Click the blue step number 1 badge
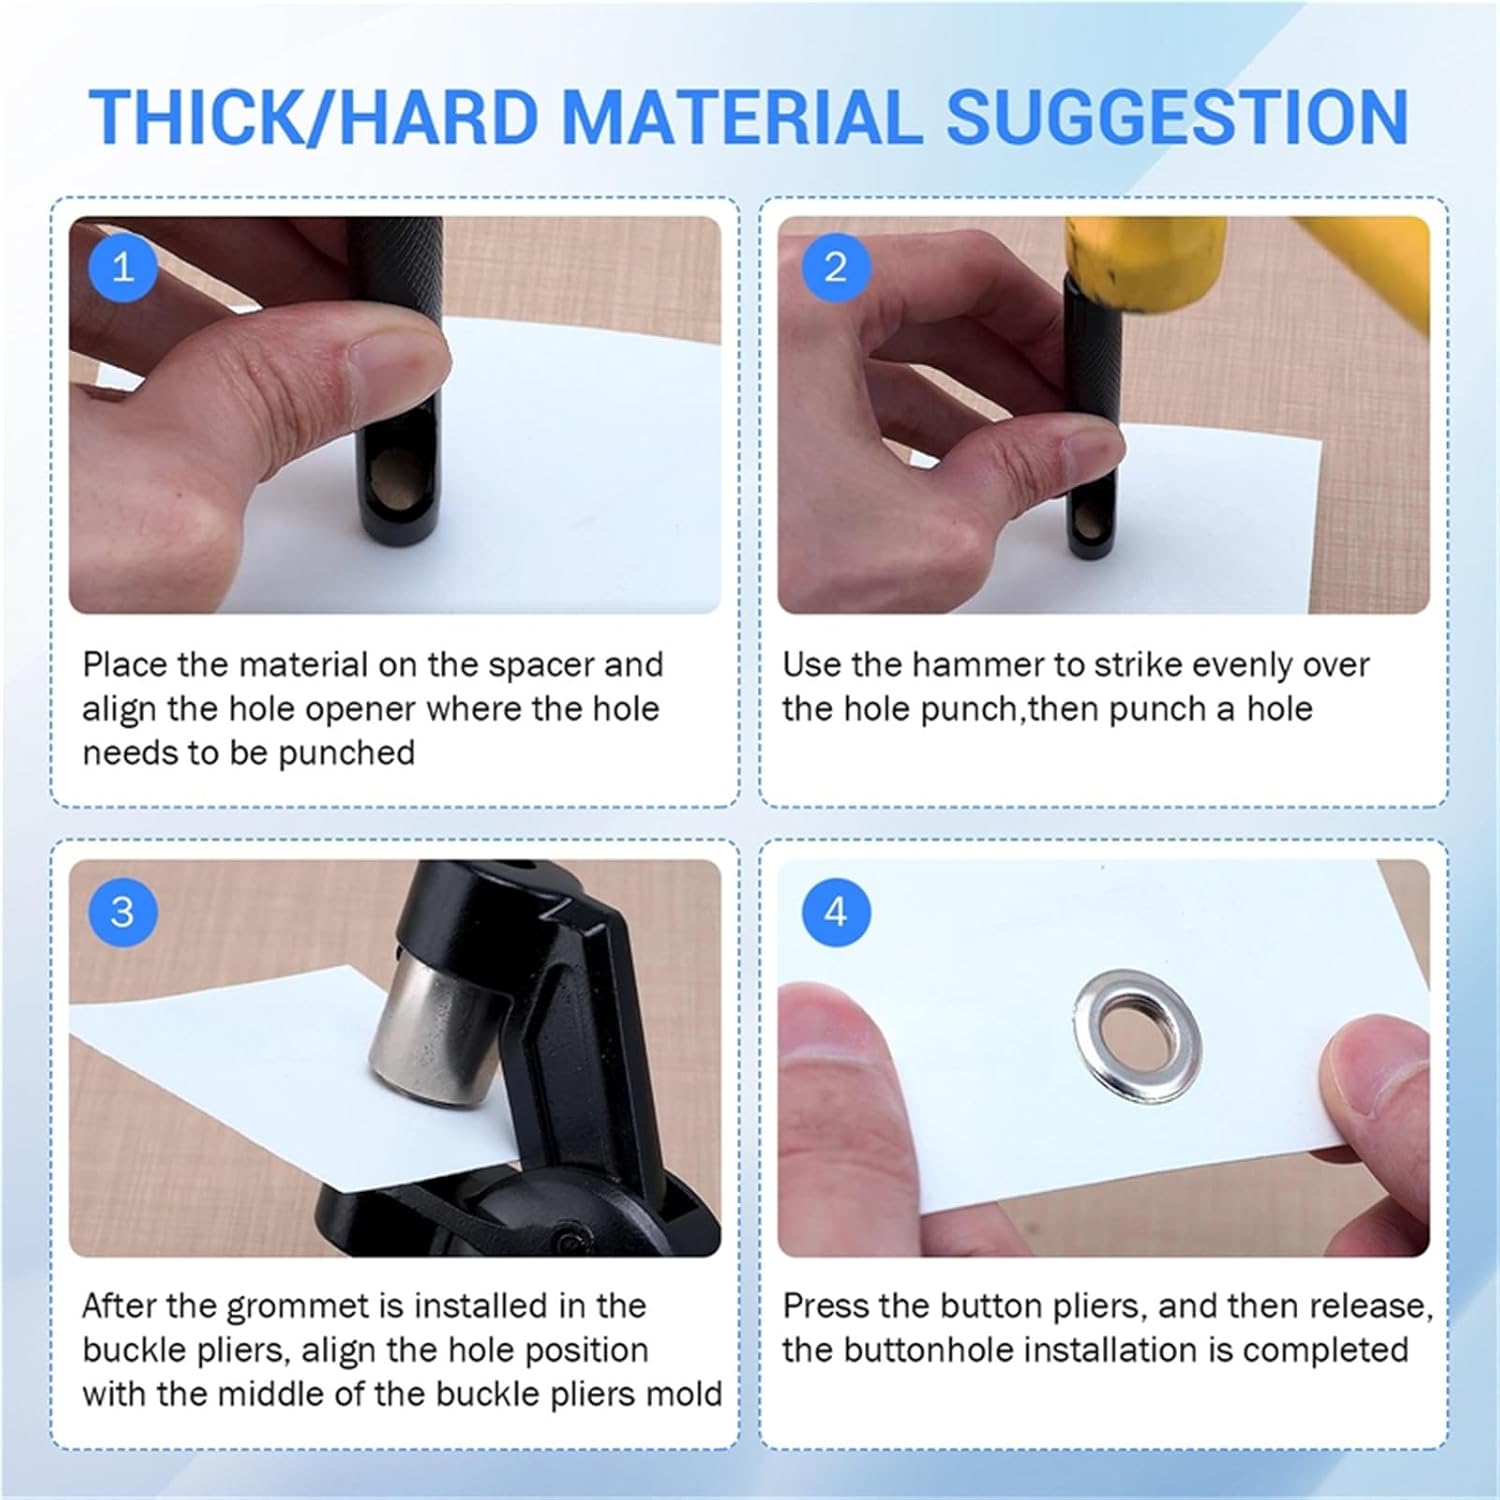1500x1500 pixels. tap(123, 268)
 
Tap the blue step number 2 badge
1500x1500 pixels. tap(836, 268)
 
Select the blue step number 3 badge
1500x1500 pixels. tap(123, 912)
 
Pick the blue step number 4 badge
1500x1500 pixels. tap(836, 912)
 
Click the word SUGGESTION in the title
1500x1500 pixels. tap(1177, 117)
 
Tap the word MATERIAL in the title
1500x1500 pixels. tap(743, 117)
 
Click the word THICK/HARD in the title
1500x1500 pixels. tap(314, 117)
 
